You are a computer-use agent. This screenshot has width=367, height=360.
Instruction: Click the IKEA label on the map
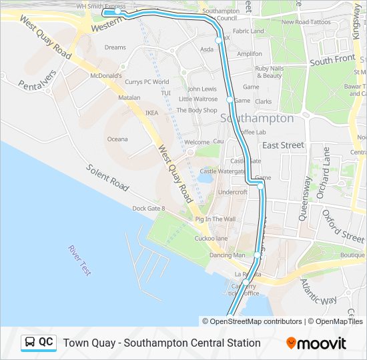point(152,113)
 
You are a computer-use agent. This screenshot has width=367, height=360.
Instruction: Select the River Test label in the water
point(79,260)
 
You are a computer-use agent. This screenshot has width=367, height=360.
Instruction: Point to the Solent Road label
point(107,177)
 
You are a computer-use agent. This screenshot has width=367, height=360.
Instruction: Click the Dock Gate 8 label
point(148,209)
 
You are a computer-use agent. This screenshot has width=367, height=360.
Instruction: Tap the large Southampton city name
point(257,118)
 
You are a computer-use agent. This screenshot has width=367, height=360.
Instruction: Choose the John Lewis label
point(202,89)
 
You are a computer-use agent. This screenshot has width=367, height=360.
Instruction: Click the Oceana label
point(118,139)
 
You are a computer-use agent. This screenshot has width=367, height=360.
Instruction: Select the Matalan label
point(129,97)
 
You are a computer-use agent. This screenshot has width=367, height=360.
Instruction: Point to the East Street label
point(283,145)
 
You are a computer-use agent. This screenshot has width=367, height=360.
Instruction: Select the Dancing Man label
point(227,255)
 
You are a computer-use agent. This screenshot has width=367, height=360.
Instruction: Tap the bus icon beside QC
point(30,343)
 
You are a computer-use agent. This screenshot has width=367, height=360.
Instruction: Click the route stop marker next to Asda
point(218,41)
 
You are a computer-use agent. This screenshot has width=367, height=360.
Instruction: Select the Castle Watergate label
point(223,171)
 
